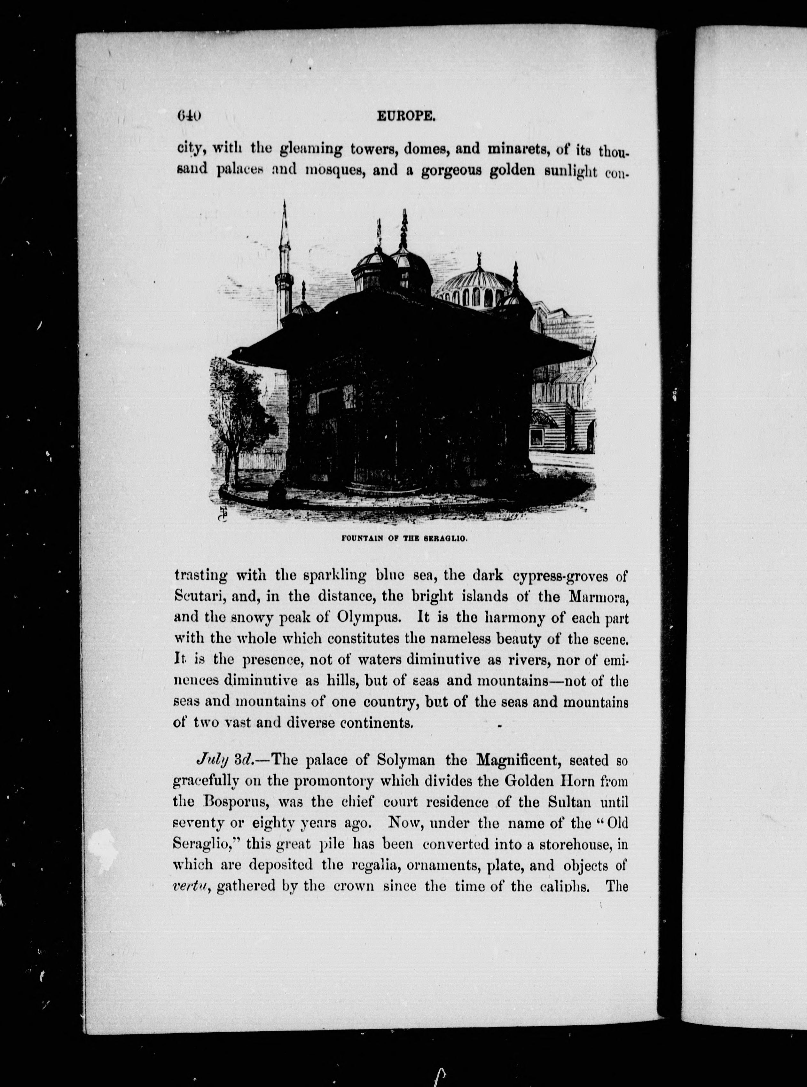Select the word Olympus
369,618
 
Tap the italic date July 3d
224,760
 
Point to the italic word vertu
192,886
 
